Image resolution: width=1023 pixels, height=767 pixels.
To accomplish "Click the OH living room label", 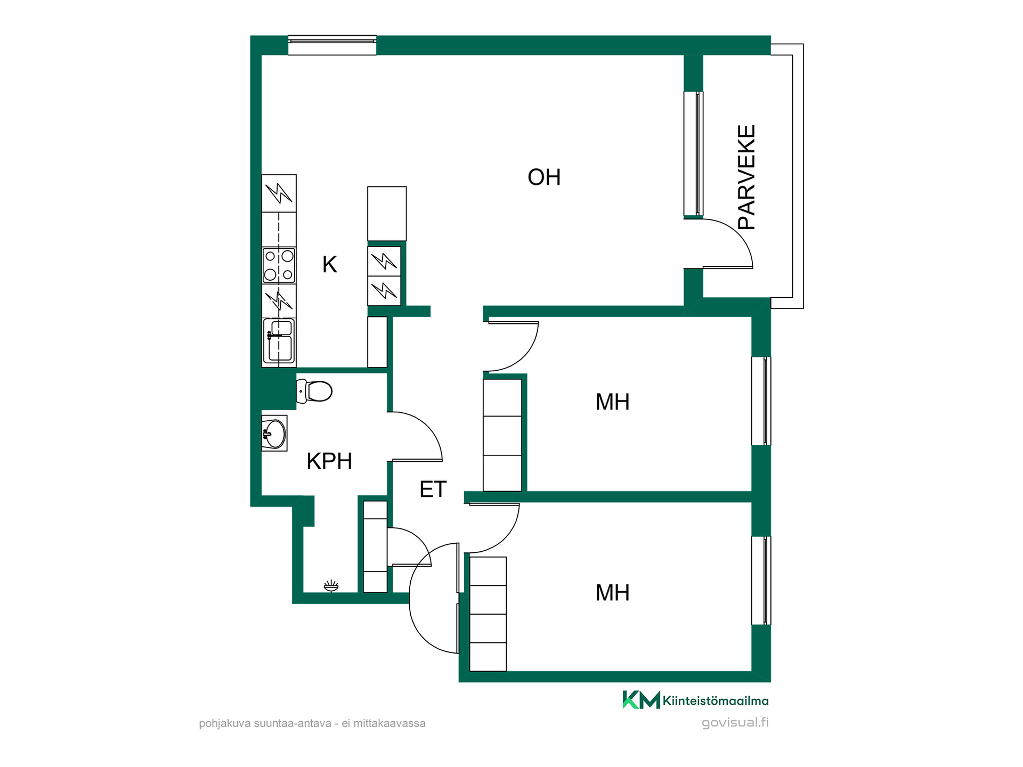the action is (x=544, y=177).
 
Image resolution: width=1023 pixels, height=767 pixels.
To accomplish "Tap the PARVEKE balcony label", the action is (x=746, y=177).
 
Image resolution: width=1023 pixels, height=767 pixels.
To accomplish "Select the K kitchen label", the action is (x=329, y=264).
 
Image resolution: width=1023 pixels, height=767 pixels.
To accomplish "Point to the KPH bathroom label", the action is (x=329, y=461).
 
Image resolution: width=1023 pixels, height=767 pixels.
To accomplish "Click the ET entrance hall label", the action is (x=433, y=489).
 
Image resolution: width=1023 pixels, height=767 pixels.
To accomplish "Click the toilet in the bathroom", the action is (x=314, y=391).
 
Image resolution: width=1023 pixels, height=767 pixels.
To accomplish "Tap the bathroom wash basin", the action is (x=274, y=434).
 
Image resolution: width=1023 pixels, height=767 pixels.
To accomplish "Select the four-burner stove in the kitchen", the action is (x=279, y=265).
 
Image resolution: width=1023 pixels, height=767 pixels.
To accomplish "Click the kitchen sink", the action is (x=279, y=341).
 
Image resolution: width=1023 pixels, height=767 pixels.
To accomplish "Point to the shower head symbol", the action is (x=331, y=586).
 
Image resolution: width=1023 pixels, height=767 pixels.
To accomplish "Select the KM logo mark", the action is (x=641, y=700).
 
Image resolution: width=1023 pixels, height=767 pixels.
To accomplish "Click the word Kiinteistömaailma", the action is (x=716, y=701).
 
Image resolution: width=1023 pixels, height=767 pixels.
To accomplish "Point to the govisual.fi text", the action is (x=735, y=723).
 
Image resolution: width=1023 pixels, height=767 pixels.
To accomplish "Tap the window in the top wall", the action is (x=332, y=45).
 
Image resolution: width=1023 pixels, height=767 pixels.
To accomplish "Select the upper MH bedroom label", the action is (x=612, y=402).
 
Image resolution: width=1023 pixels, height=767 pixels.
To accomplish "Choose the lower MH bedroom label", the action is (x=612, y=593).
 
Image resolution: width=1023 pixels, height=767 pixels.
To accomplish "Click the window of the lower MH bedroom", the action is (x=761, y=581).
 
